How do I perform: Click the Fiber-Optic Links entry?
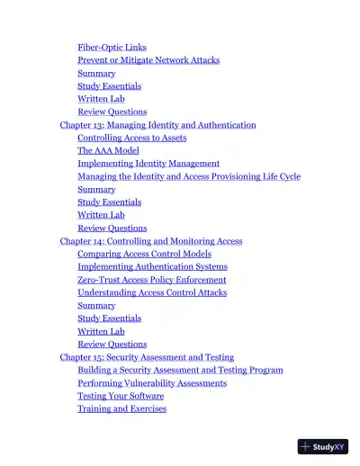coord(112,48)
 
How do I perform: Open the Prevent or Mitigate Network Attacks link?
coord(148,60)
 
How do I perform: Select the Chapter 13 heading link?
coord(157,125)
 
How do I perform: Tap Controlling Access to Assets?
coord(131,138)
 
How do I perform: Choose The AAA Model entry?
coord(108,151)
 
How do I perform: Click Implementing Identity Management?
coord(148,164)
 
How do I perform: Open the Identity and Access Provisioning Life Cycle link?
coord(189,176)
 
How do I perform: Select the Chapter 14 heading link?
coord(150,241)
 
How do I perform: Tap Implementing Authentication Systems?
coord(152,266)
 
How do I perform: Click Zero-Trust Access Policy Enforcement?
coord(151,280)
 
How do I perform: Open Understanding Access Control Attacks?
coord(151,292)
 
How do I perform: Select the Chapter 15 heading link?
coord(147,357)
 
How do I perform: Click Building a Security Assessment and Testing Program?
coord(180,370)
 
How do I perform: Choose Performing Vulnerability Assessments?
coord(152,383)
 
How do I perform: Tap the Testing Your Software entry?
coord(121,396)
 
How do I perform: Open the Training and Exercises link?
coord(121,408)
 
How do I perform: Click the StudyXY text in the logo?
coord(329,446)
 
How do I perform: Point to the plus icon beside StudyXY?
coord(306,446)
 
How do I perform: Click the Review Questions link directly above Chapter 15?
coord(112,344)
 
